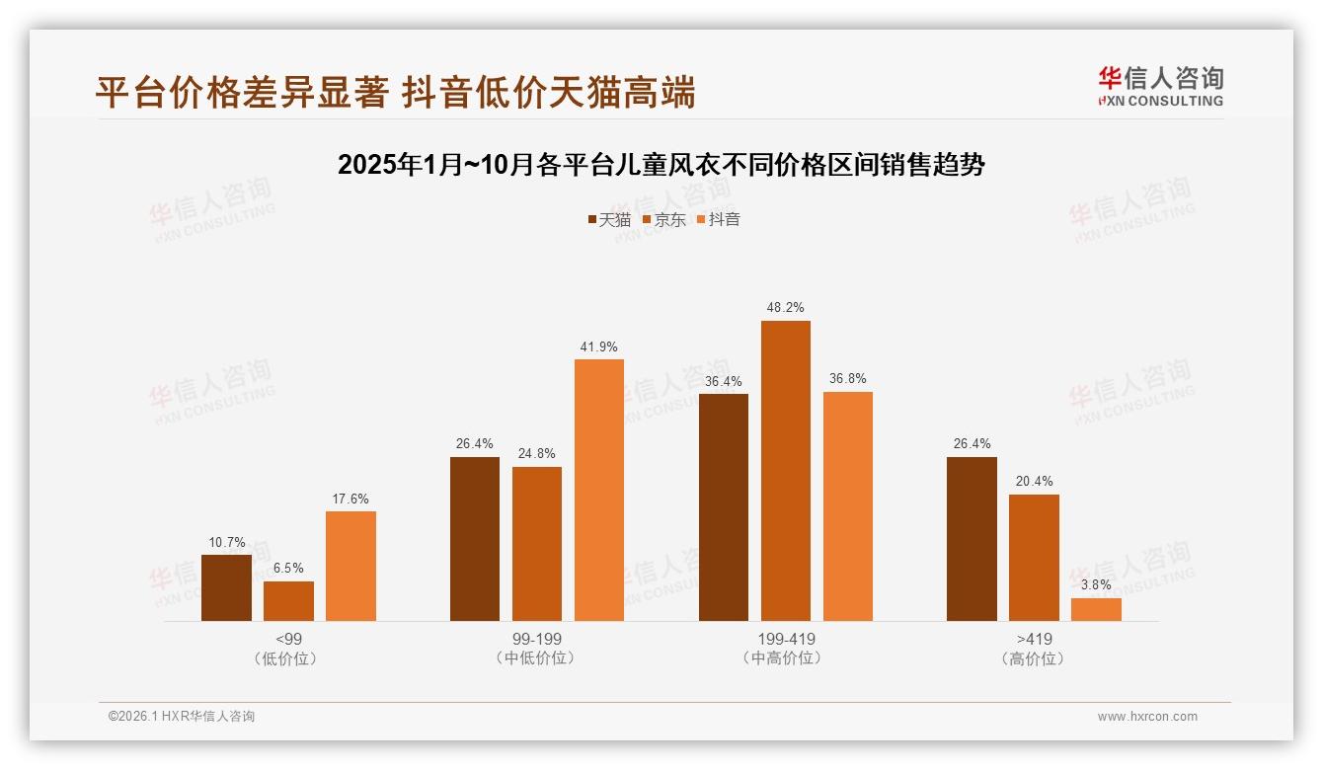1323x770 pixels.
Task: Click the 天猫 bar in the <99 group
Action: pos(226,587)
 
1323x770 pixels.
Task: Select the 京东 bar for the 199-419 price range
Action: pos(785,471)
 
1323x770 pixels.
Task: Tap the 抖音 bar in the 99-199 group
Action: pos(599,490)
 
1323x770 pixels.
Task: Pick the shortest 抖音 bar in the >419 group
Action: pos(1096,609)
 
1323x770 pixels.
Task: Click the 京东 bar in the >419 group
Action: pos(1034,558)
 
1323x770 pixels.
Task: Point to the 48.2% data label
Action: pos(785,307)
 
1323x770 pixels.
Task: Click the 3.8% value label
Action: pos(1096,584)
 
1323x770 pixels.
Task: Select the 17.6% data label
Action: pos(350,499)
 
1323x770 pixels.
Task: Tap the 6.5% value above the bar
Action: pos(288,568)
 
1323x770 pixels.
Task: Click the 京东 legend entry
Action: pos(663,219)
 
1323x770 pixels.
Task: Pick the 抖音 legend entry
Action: pos(718,219)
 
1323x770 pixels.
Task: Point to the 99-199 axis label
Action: pos(536,639)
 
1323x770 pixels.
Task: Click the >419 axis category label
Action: pos(1034,639)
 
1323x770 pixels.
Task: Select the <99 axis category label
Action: pos(288,639)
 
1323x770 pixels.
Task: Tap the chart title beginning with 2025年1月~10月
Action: pos(661,165)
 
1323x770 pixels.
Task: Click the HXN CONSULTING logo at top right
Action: pos(1160,86)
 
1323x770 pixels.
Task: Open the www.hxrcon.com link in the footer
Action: pos(1147,717)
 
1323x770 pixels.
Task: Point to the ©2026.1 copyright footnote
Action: pos(182,717)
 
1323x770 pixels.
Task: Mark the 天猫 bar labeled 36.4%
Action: pos(724,507)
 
